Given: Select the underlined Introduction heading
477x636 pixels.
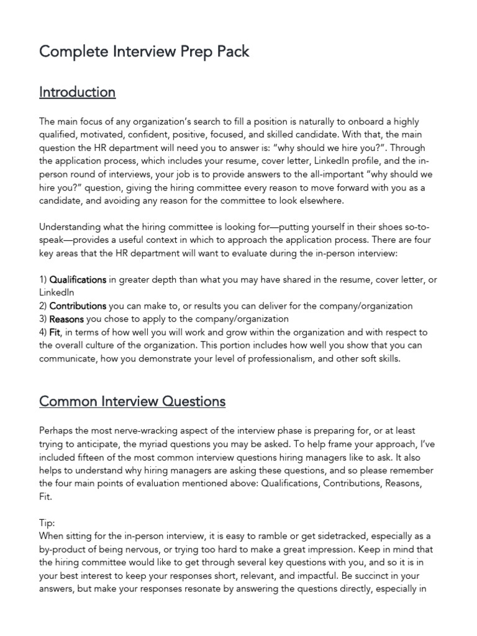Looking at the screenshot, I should click(77, 92).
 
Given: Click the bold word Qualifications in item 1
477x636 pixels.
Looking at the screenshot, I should click(78, 279).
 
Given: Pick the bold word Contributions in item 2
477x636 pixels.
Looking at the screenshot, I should click(78, 306).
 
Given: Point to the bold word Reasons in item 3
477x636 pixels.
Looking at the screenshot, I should click(66, 319).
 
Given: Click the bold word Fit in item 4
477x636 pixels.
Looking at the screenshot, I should click(55, 332).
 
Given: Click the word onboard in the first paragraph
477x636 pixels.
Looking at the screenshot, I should click(370, 122).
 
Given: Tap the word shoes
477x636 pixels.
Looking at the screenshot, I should click(395, 226).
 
